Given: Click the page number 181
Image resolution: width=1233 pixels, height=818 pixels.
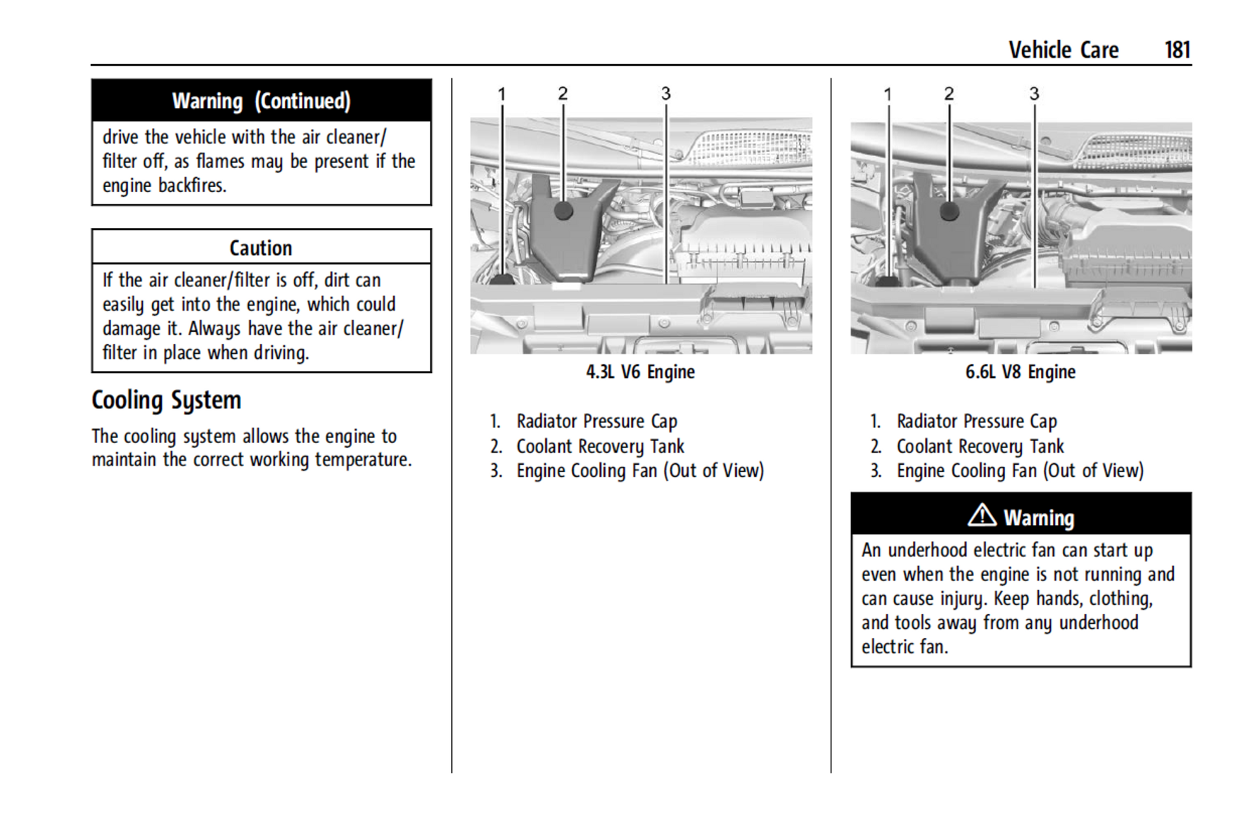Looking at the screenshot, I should coord(1177,49).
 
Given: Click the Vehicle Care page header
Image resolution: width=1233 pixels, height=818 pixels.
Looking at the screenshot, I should coord(1063,49).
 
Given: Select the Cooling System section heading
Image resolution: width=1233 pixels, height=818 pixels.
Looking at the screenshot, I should coord(166,400).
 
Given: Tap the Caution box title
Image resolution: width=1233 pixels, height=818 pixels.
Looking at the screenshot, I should coord(260,248).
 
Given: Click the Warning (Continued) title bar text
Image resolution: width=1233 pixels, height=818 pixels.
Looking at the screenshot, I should coord(261,101).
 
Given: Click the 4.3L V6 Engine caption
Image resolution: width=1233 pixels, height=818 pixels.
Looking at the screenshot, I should coord(640,372).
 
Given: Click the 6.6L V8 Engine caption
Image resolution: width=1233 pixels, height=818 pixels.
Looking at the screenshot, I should coord(1020,372).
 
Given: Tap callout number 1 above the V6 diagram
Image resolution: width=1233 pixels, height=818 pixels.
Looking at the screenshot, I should coord(502,94).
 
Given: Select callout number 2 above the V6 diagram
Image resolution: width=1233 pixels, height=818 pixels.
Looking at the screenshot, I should coord(563,94).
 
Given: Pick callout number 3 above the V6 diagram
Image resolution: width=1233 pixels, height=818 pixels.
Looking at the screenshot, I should coord(666,94).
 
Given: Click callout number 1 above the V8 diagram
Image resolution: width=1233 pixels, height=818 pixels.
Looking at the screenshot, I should coord(888,94).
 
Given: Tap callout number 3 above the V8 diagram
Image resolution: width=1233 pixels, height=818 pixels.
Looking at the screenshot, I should coord(1034,94).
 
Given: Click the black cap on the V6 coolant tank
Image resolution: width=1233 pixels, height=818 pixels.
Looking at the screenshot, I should coord(563,210).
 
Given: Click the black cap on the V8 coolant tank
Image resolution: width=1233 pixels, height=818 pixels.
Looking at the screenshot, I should coord(949,211).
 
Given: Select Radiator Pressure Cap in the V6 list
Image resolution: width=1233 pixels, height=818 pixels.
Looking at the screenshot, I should coord(596,421).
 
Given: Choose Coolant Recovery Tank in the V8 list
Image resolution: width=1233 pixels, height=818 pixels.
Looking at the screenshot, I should coord(980,447).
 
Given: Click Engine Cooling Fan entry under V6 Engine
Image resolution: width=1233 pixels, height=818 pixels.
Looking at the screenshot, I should coord(640,471).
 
